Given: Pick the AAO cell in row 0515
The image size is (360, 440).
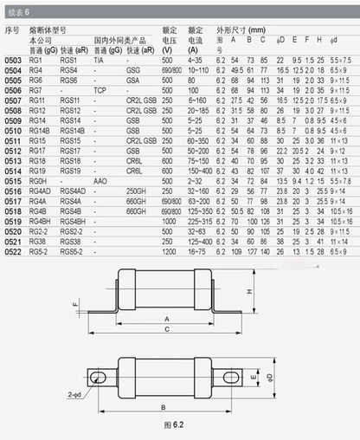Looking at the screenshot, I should (100, 180).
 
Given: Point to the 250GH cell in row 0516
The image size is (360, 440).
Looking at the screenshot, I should (136, 189).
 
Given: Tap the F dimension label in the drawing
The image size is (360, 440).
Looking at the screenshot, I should (75, 304).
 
